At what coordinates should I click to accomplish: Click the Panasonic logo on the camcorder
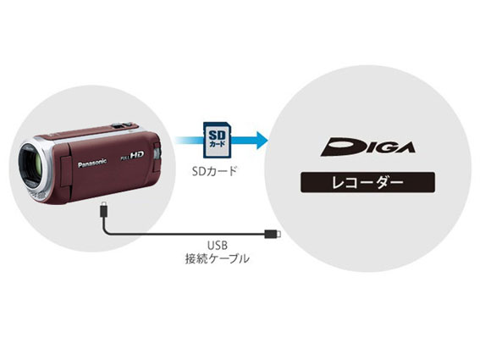coord(92,163)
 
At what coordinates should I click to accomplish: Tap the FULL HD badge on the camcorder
coord(132,156)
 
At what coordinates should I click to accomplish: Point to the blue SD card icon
coord(218,140)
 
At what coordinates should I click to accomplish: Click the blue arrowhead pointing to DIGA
coord(262,140)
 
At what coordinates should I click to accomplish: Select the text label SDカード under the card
coord(214,171)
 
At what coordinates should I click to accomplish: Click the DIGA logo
coord(367,147)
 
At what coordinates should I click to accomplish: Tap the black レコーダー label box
coord(367,182)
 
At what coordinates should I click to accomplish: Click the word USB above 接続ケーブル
coord(218,246)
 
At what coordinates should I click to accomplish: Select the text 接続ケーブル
coord(217,259)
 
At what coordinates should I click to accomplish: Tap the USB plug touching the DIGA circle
coord(273,234)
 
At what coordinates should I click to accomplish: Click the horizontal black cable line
coord(184,235)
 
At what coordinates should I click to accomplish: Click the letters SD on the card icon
coord(217,135)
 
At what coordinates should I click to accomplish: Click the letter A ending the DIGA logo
coord(405,147)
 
